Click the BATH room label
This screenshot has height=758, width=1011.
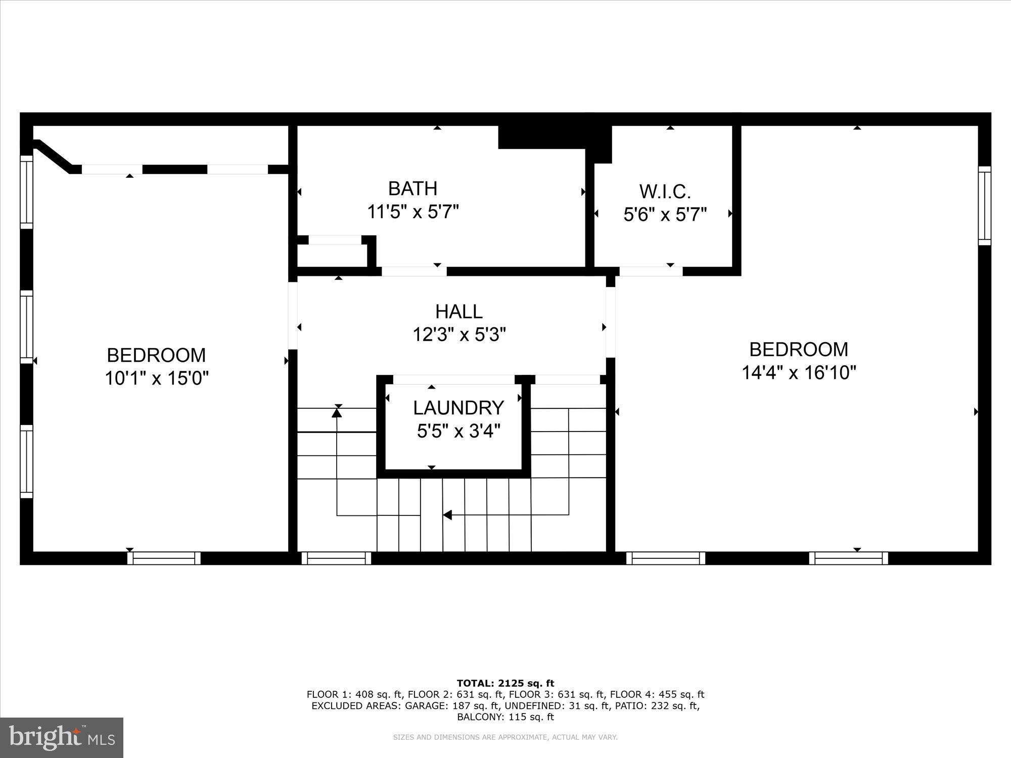pos(412,188)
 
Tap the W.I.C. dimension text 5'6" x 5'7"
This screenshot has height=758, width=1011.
pos(664,215)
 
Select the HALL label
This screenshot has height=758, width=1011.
pos(459,311)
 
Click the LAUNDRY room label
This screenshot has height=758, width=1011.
pos(458,408)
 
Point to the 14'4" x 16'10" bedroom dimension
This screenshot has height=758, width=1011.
pos(799,373)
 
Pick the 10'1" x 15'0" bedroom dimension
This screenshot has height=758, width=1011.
pos(157,378)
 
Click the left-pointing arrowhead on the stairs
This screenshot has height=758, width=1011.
pos(447,515)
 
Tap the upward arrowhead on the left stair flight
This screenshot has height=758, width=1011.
pos(337,413)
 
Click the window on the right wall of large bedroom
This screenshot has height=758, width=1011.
pos(984,206)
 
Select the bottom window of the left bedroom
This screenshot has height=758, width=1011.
pos(164,558)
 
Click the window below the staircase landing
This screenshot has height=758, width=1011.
pos(336,558)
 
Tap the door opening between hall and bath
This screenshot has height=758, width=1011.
pos(413,271)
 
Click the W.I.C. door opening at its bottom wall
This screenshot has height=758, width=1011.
pos(651,271)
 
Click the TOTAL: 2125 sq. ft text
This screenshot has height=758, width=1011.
pos(505,683)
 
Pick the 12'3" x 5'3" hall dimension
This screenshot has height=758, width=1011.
pos(459,335)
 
